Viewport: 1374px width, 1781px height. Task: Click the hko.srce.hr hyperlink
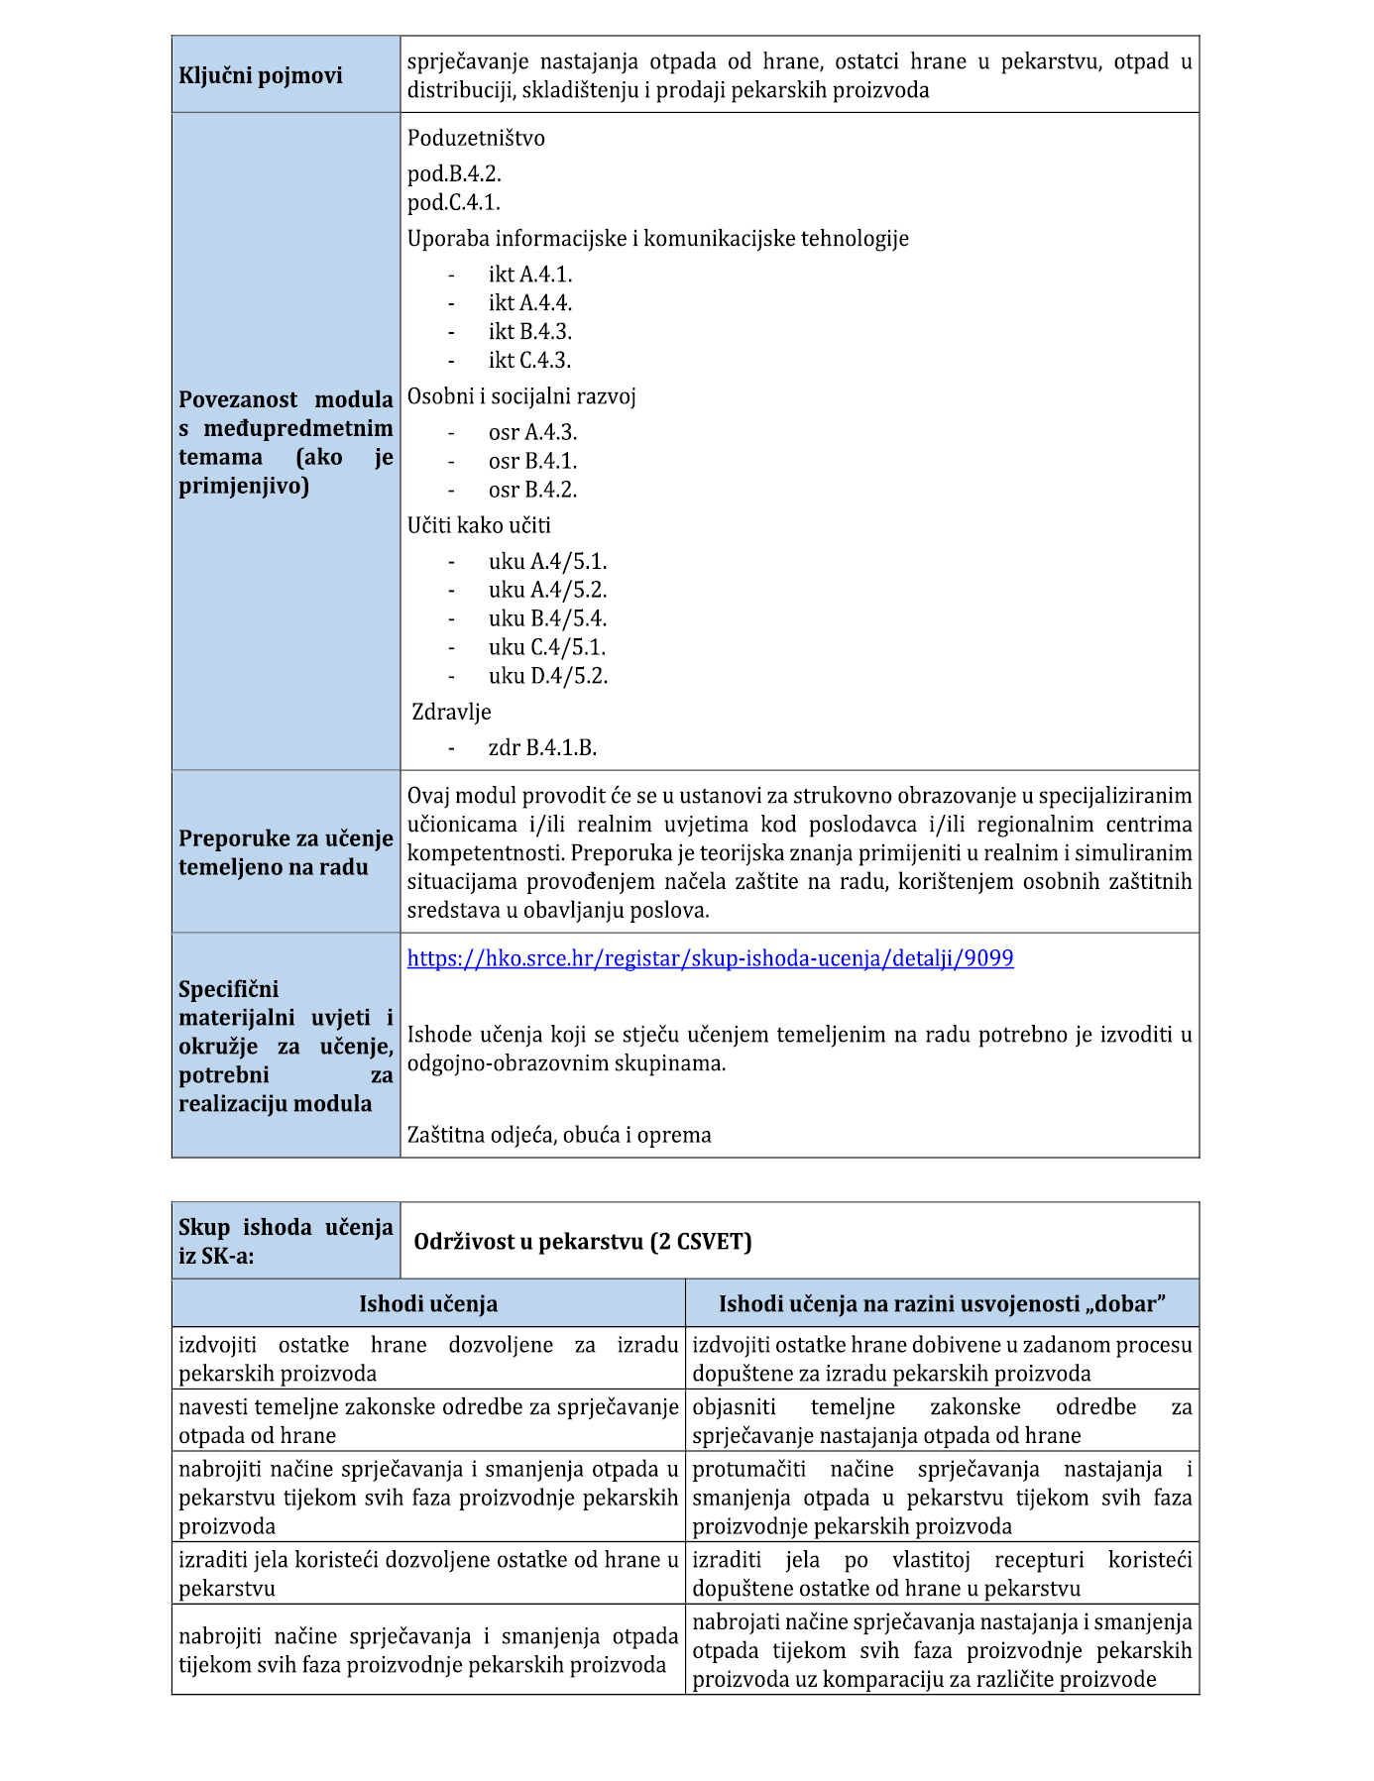[x=710, y=958]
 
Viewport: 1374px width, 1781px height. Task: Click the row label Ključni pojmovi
[x=260, y=75]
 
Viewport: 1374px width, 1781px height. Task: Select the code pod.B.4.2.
[x=454, y=174]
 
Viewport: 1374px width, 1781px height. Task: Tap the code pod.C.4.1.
[x=453, y=203]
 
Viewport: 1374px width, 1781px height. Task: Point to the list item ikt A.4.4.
[x=529, y=303]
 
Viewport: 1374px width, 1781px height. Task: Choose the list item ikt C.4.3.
[x=529, y=361]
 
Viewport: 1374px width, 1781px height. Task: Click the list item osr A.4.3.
[x=532, y=433]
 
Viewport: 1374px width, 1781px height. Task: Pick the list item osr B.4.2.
[x=532, y=491]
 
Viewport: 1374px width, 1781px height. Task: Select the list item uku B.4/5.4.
[x=547, y=619]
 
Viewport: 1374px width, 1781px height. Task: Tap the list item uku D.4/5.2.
[x=547, y=677]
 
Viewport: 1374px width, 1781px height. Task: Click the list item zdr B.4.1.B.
[x=542, y=748]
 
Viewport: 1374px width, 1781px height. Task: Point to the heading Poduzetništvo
[x=476, y=139]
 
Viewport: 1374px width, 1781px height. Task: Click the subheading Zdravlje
[x=451, y=713]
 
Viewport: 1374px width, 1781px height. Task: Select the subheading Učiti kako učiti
[x=479, y=526]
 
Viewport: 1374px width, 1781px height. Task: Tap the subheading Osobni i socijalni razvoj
[x=521, y=397]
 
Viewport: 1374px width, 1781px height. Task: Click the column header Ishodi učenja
[x=428, y=1304]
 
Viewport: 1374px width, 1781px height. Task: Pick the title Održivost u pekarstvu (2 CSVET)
[x=583, y=1242]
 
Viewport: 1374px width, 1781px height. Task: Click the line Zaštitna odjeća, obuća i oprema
[x=559, y=1136]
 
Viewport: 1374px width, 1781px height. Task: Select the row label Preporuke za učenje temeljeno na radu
[x=286, y=853]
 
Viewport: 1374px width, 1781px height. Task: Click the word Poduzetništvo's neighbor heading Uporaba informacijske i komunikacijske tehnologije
[x=657, y=239]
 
